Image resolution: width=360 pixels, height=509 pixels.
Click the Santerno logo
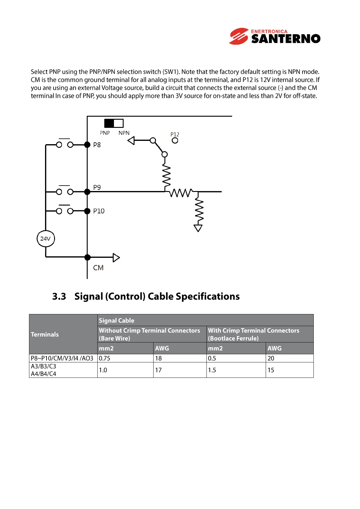(x=274, y=36)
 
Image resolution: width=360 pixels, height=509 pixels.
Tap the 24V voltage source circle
(x=46, y=238)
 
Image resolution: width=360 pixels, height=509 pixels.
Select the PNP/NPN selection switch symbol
(x=114, y=123)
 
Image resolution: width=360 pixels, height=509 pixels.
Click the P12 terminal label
(x=175, y=134)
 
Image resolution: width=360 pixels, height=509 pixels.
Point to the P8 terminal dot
(x=87, y=145)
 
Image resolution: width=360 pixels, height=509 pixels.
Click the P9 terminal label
(x=97, y=187)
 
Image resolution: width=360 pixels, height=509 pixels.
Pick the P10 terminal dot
(x=87, y=211)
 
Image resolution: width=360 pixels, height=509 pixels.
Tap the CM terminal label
(x=98, y=268)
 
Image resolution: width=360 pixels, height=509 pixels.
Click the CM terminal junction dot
(x=87, y=258)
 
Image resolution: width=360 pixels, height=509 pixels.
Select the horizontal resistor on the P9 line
(x=180, y=193)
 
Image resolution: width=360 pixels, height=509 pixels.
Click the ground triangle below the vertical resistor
(x=198, y=228)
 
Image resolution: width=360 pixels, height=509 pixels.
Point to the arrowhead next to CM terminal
(x=116, y=258)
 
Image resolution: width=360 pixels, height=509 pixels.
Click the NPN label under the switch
(x=124, y=133)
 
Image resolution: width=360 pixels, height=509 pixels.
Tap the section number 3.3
(x=59, y=297)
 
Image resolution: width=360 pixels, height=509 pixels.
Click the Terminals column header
(x=45, y=334)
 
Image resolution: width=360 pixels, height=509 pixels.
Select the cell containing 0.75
(x=105, y=358)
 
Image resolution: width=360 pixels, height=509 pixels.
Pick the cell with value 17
(x=158, y=370)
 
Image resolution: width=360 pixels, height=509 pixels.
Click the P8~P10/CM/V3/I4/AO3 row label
(x=62, y=358)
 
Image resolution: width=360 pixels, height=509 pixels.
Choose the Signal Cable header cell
(x=117, y=320)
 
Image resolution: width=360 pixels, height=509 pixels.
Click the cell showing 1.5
(x=212, y=370)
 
